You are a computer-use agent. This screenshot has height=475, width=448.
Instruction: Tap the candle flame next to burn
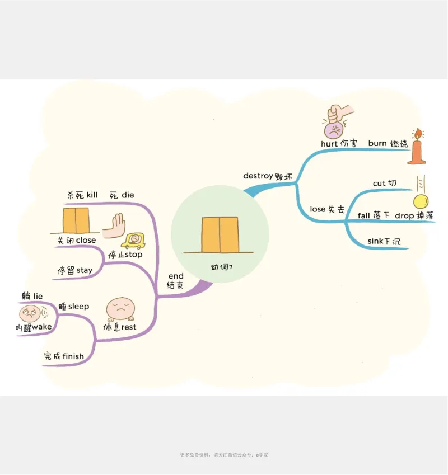tap(417, 134)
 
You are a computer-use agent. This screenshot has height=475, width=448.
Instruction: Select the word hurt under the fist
tap(329, 143)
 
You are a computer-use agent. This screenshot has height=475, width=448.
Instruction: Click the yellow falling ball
tap(421, 201)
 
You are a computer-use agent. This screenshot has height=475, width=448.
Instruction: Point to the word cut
tap(379, 184)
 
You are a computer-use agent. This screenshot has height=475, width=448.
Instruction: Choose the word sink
tap(375, 242)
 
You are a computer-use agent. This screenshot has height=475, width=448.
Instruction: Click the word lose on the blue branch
tap(318, 209)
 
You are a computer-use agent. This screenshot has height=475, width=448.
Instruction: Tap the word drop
tap(404, 215)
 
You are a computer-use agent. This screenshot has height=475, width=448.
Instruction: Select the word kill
tap(92, 195)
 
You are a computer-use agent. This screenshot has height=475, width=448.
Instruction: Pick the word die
tap(128, 195)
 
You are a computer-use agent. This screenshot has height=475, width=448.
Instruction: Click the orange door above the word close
tap(76, 220)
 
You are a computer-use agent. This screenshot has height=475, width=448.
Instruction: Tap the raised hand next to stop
tap(116, 225)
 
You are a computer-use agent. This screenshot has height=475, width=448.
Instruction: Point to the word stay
tap(85, 270)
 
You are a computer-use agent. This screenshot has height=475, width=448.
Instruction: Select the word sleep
tap(79, 307)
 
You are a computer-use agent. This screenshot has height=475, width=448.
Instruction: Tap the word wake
tap(42, 327)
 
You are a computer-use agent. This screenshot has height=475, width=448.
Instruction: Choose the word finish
tap(73, 356)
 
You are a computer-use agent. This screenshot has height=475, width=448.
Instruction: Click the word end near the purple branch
tap(176, 276)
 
